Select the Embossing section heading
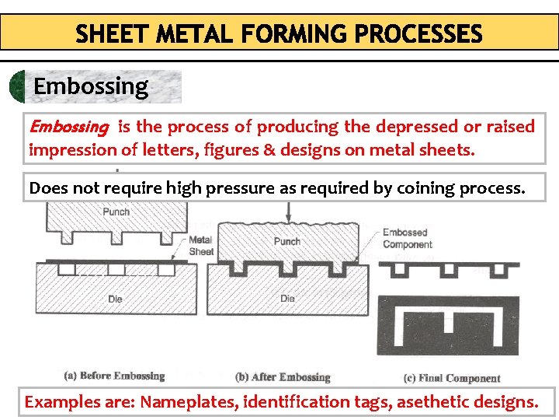pos(91,86)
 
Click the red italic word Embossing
pos(68,127)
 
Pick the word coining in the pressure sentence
pos(429,188)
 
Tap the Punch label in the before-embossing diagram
pos(116,211)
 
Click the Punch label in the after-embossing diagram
pos(286,241)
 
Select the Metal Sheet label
pos(200,246)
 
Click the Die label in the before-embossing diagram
pos(115,298)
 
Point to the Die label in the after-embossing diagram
pos(287,298)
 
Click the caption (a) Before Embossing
pos(114,376)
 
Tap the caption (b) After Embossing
pos(283,377)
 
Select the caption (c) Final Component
pos(452,378)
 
